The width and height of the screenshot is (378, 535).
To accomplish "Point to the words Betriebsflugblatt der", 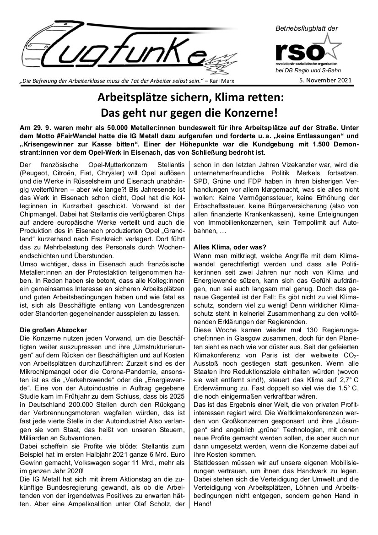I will (306, 28).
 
